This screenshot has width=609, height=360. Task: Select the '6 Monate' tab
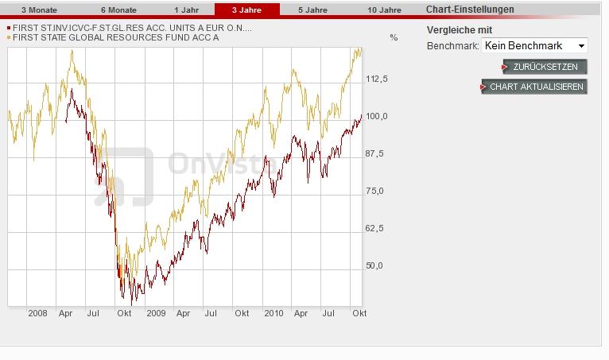pyautogui.click(x=118, y=10)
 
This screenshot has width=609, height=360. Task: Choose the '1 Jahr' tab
pyautogui.click(x=186, y=10)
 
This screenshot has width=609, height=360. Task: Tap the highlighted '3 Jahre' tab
pyautogui.click(x=246, y=10)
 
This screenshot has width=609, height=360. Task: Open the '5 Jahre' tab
pyautogui.click(x=312, y=10)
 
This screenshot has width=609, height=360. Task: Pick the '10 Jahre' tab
pyautogui.click(x=384, y=10)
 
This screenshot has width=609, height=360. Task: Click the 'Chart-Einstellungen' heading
pyautogui.click(x=470, y=10)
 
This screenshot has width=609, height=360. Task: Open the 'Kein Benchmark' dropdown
pyautogui.click(x=534, y=46)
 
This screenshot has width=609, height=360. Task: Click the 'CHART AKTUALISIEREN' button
pyautogui.click(x=536, y=87)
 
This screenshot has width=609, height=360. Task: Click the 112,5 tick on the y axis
pyautogui.click(x=377, y=79)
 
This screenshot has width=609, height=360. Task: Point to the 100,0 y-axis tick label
pyautogui.click(x=377, y=116)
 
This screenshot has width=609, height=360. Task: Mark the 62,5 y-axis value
pyautogui.click(x=374, y=228)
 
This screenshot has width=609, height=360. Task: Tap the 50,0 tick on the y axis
pyautogui.click(x=374, y=265)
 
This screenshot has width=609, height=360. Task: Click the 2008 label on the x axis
pyautogui.click(x=37, y=313)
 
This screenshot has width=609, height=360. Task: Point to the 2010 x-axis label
pyautogui.click(x=273, y=313)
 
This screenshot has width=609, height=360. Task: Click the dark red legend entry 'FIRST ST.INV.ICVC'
pyautogui.click(x=130, y=29)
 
